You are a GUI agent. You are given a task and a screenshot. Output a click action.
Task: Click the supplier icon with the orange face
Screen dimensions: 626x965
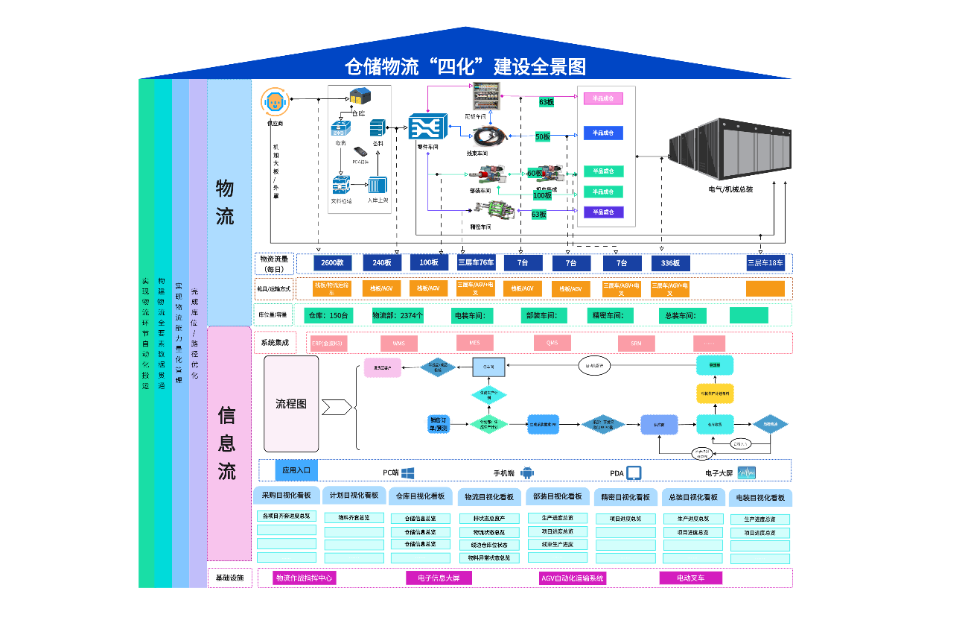[x=274, y=101]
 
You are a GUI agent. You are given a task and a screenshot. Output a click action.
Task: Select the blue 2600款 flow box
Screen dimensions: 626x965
[x=332, y=263]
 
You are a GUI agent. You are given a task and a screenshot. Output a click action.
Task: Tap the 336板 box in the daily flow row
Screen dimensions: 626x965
[x=670, y=263]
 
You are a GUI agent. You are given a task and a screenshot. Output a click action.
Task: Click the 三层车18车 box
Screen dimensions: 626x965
[x=765, y=262]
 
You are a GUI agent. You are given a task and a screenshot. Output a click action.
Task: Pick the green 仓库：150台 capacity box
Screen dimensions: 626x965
[x=328, y=315]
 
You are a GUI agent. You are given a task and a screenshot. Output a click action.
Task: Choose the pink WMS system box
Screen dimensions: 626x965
[x=398, y=344]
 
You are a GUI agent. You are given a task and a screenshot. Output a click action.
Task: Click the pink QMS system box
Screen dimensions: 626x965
[x=552, y=343]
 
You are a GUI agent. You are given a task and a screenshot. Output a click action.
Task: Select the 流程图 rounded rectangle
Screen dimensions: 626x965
[x=291, y=403]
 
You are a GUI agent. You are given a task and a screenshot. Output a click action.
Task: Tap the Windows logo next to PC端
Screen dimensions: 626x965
[x=407, y=472]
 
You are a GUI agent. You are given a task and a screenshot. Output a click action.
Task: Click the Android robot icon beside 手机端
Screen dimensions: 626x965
[x=527, y=472]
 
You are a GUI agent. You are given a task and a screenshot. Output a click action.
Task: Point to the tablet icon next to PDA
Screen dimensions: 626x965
[x=634, y=472]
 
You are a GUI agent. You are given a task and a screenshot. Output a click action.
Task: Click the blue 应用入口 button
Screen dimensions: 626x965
[x=296, y=470]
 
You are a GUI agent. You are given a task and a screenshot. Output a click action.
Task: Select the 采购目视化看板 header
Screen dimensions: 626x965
[x=287, y=496]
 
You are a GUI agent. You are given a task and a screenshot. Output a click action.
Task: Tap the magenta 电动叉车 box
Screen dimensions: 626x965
[x=690, y=578]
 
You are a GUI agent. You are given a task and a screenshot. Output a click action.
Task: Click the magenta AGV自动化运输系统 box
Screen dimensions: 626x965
[x=573, y=578]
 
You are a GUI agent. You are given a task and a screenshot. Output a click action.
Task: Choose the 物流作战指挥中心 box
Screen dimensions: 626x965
[x=304, y=578]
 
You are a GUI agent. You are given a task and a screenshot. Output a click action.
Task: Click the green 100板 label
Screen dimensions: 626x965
[x=543, y=195]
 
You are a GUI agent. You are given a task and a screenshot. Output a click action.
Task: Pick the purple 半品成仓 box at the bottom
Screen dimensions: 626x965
[x=603, y=212]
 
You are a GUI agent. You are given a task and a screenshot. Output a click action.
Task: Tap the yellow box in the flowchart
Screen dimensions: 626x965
[x=715, y=393]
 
